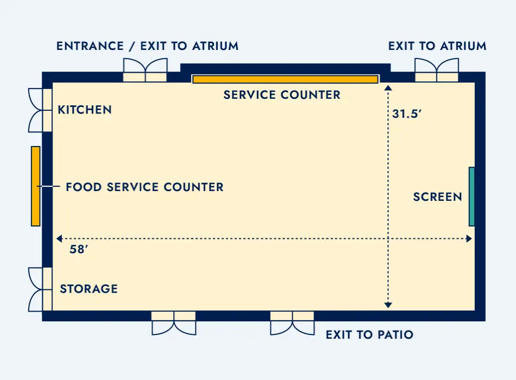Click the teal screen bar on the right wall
click(471, 197)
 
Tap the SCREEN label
click(437, 197)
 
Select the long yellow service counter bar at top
click(285, 79)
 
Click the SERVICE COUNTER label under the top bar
click(282, 95)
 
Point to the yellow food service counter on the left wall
click(35, 186)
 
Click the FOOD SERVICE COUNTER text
click(144, 187)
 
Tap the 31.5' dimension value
click(407, 115)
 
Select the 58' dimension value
click(79, 250)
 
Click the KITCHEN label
click(85, 110)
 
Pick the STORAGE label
click(89, 289)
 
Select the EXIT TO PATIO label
click(369, 335)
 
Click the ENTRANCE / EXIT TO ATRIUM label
click(147, 46)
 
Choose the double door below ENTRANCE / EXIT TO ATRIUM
click(144, 70)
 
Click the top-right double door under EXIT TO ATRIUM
click(437, 70)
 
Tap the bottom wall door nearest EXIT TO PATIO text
click(292, 322)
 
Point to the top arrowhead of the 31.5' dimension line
click(388, 87)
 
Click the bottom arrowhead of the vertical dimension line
click(388, 306)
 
